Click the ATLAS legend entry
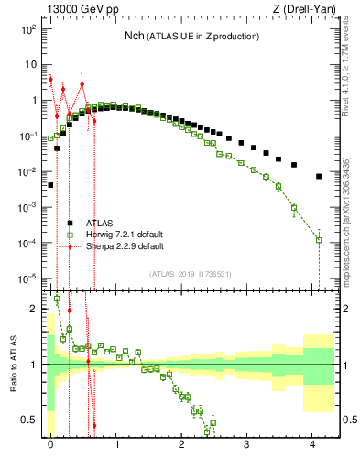click(x=100, y=223)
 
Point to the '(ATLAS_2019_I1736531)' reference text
click(x=190, y=274)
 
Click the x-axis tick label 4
click(x=312, y=442)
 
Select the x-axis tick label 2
click(x=181, y=442)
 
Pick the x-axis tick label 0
click(x=50, y=442)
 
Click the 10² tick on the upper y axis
click(x=29, y=29)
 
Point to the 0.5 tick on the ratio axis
click(x=31, y=420)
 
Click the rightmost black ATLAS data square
click(x=319, y=176)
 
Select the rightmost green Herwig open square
click(x=319, y=240)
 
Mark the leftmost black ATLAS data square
click(x=50, y=185)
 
